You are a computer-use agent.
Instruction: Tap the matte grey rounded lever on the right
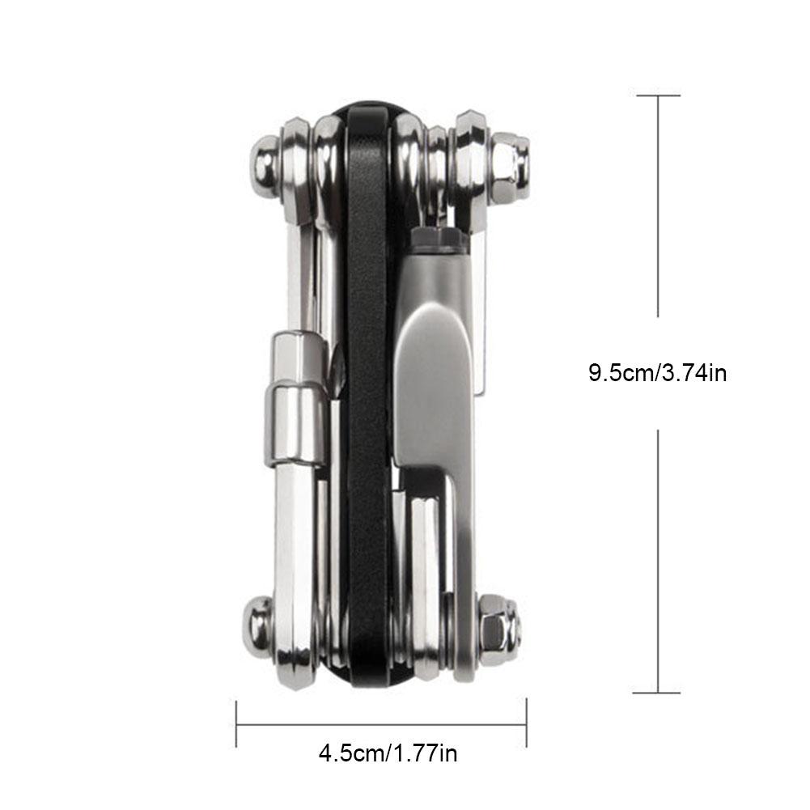pyautogui.click(x=433, y=380)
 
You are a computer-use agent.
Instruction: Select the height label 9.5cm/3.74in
pyautogui.click(x=657, y=373)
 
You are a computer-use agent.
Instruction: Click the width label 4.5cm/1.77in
pyautogui.click(x=388, y=753)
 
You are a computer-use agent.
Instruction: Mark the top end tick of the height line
pyautogui.click(x=657, y=95)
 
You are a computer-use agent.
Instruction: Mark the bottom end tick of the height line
pyautogui.click(x=657, y=693)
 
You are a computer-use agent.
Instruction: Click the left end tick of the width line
pyautogui.click(x=236, y=723)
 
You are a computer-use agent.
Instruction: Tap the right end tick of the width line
pyautogui.click(x=527, y=723)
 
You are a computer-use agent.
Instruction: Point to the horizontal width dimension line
pyautogui.click(x=380, y=723)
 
